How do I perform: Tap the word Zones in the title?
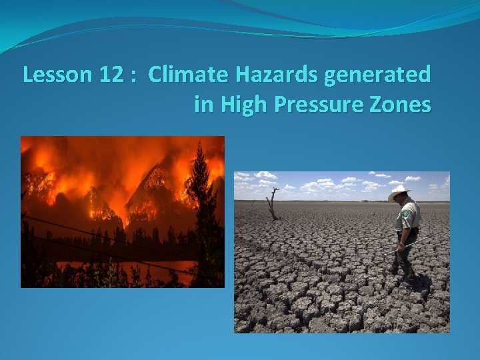[403, 105]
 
